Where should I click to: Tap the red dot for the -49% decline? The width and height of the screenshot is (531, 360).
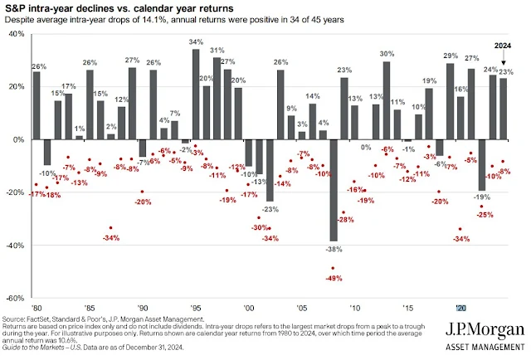pos(334,268)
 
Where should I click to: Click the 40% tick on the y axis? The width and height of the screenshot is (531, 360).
pos(17,34)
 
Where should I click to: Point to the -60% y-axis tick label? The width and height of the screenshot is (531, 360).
pos(15,298)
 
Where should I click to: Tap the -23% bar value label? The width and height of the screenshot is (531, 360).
pos(270,208)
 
